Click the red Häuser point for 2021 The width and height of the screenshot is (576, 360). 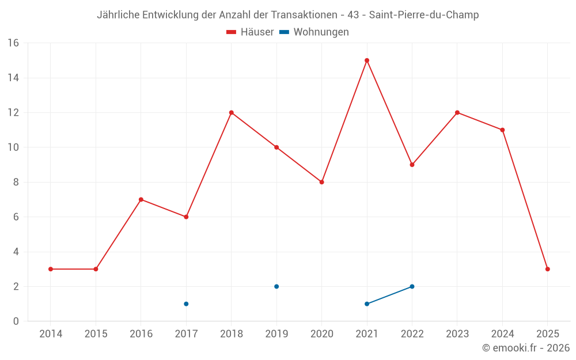(x=367, y=60)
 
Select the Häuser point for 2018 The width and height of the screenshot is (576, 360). (x=232, y=112)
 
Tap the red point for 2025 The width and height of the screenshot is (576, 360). (x=548, y=269)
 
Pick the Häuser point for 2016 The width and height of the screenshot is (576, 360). (x=141, y=199)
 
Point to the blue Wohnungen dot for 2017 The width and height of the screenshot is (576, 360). (x=186, y=304)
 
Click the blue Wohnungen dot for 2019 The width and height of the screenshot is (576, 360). (x=276, y=286)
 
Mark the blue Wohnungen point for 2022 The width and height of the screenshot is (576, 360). (x=412, y=286)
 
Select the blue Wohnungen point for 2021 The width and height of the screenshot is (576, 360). (x=367, y=304)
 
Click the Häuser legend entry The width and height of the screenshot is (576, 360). (x=250, y=32)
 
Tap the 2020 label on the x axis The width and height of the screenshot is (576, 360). (x=321, y=334)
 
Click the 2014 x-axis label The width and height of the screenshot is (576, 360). (x=51, y=334)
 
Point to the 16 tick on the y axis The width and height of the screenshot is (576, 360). (x=13, y=43)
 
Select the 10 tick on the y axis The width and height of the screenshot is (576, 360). (x=13, y=147)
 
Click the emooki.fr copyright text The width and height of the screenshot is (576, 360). (x=526, y=348)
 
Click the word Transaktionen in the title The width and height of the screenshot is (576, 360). (x=297, y=15)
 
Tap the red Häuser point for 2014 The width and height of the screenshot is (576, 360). (x=51, y=269)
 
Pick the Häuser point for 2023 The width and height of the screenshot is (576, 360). (x=457, y=112)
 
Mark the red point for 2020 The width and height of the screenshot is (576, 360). (x=322, y=182)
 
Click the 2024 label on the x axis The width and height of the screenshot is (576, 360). (x=502, y=334)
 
